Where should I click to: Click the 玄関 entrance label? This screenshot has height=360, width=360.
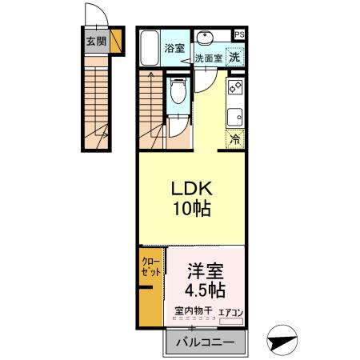tap(96, 42)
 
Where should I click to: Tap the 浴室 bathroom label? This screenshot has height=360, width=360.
tap(174, 48)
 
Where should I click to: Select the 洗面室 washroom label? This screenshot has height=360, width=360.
tap(208, 58)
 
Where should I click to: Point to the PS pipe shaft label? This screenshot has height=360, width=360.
tap(239, 34)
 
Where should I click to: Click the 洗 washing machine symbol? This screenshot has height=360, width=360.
tap(234, 56)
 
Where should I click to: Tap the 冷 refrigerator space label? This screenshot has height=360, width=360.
tap(235, 138)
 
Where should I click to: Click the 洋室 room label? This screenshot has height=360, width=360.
tap(206, 270)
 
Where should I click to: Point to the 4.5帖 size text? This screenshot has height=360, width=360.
tap(206, 288)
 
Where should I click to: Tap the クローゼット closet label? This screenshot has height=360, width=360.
tap(151, 267)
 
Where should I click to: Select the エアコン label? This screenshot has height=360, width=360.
tap(230, 311)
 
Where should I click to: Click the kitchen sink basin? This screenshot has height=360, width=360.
tap(236, 116)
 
